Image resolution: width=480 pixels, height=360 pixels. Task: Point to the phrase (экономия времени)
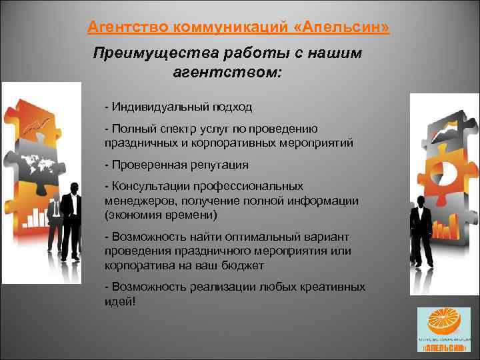pyautogui.click(x=161, y=215)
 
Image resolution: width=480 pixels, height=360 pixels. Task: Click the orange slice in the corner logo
pyautogui.click(x=441, y=322)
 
